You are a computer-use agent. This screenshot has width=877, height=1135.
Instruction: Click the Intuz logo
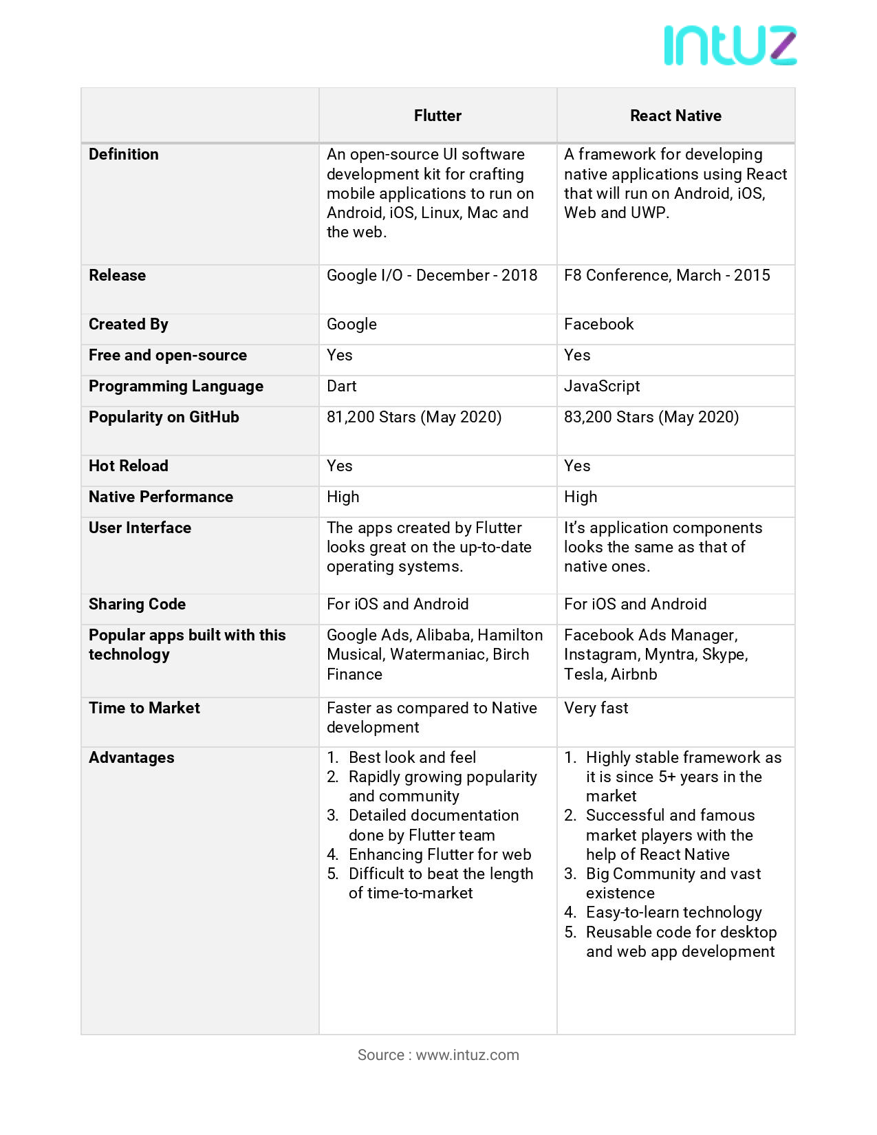730,46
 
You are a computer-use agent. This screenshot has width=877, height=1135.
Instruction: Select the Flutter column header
437,116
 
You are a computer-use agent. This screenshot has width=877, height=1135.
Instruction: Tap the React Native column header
675,116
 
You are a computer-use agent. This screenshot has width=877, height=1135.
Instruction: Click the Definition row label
124,154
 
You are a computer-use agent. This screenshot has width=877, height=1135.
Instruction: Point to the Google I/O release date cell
431,275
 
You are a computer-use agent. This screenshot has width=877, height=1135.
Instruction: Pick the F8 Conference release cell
667,275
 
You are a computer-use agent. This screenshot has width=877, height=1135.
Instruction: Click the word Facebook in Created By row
598,324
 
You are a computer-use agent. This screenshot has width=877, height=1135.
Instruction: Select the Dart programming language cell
341,386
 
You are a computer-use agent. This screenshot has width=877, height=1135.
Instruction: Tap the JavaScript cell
602,386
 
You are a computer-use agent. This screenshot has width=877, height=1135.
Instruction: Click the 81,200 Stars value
413,417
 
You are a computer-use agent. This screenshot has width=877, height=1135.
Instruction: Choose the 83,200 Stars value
651,417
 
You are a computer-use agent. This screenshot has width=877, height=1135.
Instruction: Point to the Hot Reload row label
129,466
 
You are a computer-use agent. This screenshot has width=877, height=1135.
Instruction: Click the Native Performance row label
161,497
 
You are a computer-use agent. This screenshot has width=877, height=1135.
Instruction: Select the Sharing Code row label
137,604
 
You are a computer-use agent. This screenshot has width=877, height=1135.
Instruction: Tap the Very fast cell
596,708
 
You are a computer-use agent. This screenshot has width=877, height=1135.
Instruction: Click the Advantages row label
131,757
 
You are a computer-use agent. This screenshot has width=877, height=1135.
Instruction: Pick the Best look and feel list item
412,757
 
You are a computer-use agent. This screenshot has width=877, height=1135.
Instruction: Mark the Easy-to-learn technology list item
673,912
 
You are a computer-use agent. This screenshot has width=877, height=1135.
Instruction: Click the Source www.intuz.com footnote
438,1055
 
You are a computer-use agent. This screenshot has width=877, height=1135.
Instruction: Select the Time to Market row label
144,708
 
